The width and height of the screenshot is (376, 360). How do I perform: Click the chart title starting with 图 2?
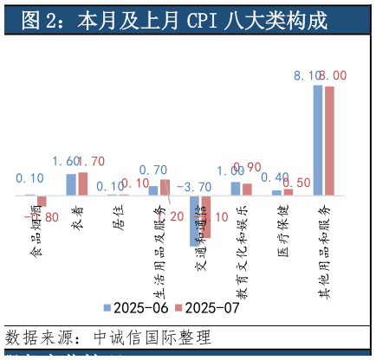174,20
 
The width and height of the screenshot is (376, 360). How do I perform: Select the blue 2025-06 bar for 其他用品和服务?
318,139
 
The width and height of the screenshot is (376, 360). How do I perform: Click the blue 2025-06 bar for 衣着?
71,184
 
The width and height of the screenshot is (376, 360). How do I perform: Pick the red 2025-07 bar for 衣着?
83,183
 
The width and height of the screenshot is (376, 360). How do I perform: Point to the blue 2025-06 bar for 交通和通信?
195,221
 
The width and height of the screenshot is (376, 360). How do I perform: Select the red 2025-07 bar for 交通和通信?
206,216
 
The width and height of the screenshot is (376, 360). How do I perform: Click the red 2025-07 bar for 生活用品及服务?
165,187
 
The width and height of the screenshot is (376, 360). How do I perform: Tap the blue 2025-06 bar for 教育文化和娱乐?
236,188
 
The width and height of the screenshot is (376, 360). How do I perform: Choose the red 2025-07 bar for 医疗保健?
288,191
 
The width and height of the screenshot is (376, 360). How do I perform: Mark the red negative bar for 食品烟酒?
42,201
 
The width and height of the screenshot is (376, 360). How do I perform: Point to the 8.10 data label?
308,76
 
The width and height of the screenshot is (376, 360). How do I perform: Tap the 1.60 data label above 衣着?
68,162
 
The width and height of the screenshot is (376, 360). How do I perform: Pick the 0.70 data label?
153,170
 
